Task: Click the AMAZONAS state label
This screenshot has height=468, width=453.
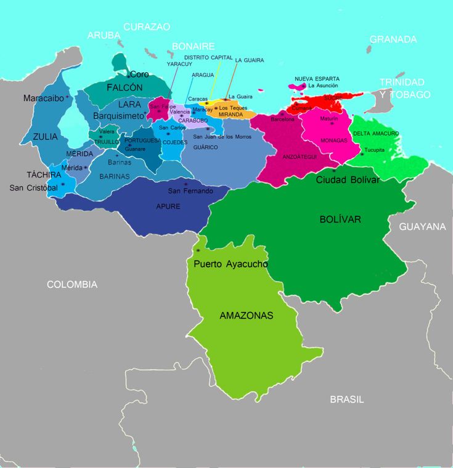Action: coord(246,315)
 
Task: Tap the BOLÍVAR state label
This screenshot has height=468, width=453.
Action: coord(340,219)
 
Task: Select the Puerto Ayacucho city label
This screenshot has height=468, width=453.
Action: coord(231,264)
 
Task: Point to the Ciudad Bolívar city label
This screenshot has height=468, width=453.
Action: coord(348,179)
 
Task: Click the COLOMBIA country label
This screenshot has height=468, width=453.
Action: coord(72,284)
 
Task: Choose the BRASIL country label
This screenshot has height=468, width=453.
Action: coord(346,399)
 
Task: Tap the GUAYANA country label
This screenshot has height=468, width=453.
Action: coord(422,226)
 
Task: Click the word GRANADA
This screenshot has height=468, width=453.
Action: coord(393,39)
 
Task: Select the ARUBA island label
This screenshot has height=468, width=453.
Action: coord(104,35)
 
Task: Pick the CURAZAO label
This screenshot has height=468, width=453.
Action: coord(147,27)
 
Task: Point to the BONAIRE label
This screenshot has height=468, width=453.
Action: coord(193,46)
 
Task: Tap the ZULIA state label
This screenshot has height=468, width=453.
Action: coord(45,136)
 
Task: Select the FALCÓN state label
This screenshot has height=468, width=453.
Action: coord(124,88)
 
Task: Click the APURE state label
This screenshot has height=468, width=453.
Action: coord(168,207)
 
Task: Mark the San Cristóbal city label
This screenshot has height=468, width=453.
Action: coord(33,187)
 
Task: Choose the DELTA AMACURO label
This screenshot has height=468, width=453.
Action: coord(375,133)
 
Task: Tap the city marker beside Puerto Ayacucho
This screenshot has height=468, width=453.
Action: coord(198,250)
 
